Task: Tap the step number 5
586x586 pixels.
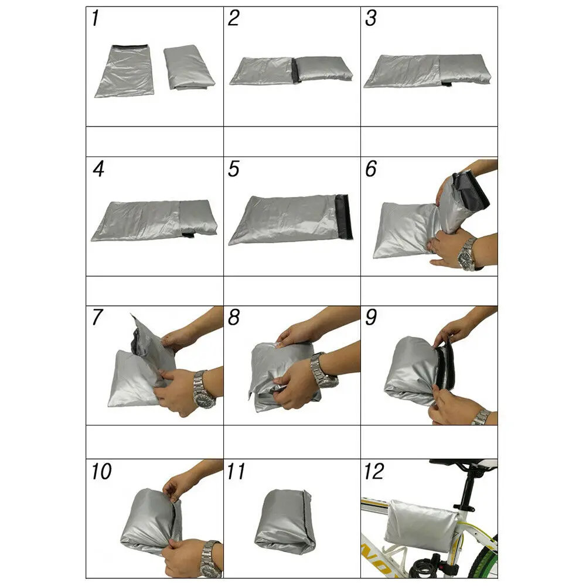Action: [x=234, y=169]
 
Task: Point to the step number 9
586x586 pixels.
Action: [x=370, y=318]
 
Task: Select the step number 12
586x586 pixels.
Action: [x=374, y=471]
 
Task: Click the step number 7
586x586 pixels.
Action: [x=97, y=318]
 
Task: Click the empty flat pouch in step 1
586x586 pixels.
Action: [x=124, y=71]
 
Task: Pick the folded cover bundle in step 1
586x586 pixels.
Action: [x=189, y=68]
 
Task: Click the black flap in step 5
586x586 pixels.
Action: [x=344, y=217]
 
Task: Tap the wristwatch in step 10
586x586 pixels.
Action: [x=209, y=553]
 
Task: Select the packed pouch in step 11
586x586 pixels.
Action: [x=285, y=522]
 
